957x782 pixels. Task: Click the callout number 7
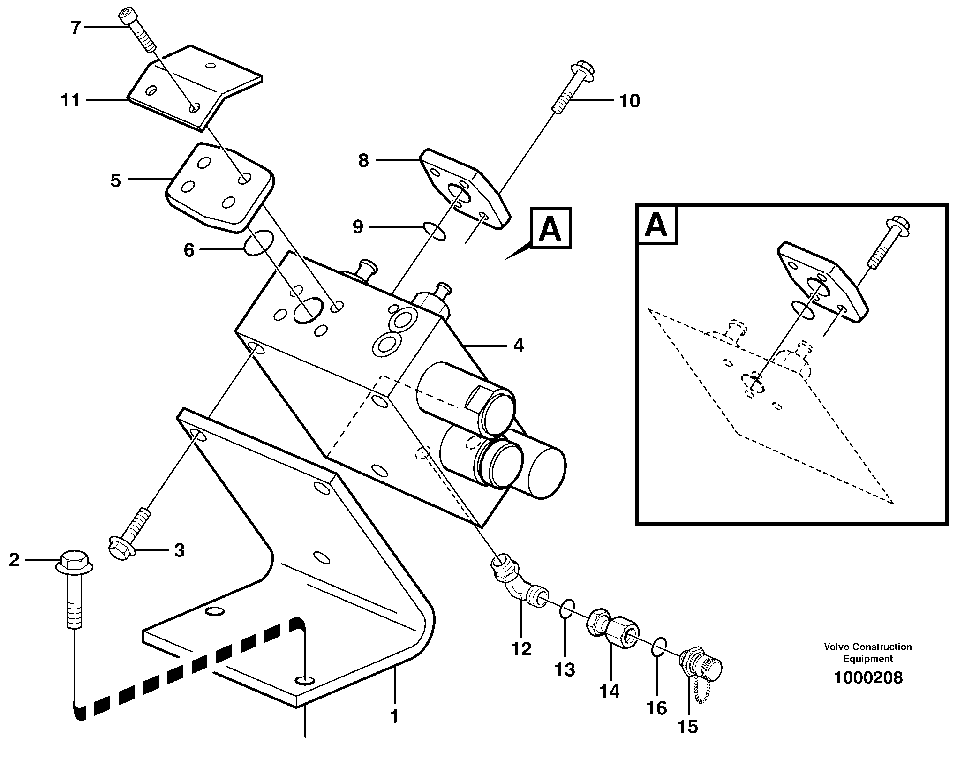pos(75,28)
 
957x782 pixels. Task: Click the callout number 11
pos(70,100)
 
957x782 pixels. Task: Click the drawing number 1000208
pos(867,677)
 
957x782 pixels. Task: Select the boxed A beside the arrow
pos(550,228)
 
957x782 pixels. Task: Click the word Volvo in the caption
pos(837,647)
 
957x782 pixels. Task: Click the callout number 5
pos(115,180)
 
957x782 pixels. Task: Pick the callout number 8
pos(363,161)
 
